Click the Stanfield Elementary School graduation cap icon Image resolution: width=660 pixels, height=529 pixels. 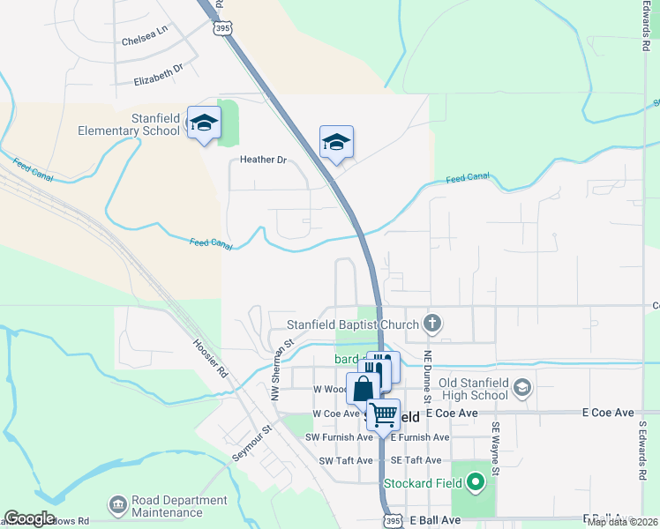[203, 123]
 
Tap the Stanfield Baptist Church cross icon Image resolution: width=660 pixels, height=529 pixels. [432, 324]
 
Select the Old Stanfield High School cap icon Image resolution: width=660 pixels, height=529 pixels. [521, 388]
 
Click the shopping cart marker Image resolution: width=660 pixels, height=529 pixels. [383, 413]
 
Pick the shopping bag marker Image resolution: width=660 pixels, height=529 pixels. [363, 387]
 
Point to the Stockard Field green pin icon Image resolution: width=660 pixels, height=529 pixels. [476, 482]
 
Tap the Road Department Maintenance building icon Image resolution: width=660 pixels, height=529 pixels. [117, 506]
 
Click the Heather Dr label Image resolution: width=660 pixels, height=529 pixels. [264, 160]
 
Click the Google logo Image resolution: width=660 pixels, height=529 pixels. [28, 518]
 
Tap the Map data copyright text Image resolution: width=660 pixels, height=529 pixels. [623, 522]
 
